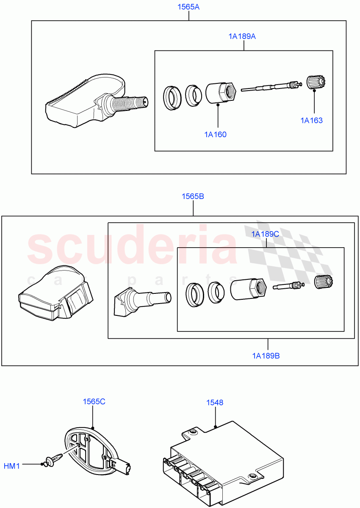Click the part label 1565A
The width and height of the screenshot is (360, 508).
pos(188,7)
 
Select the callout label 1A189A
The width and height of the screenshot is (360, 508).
pos(242,36)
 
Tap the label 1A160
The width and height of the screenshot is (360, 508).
pos(215,135)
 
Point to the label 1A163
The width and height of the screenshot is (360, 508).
pos(312,120)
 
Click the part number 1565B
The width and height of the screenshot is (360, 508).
pos(193,196)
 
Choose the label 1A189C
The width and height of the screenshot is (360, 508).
pos(265,234)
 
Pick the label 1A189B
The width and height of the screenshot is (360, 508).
pos(266,356)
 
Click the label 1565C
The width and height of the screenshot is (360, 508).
pos(94,401)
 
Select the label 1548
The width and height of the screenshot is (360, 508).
pos(215,403)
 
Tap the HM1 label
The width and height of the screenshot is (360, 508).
pos(12,466)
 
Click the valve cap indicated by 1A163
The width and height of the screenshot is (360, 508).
pos(314,82)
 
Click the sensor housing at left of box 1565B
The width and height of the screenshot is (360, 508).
pos(55,295)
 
